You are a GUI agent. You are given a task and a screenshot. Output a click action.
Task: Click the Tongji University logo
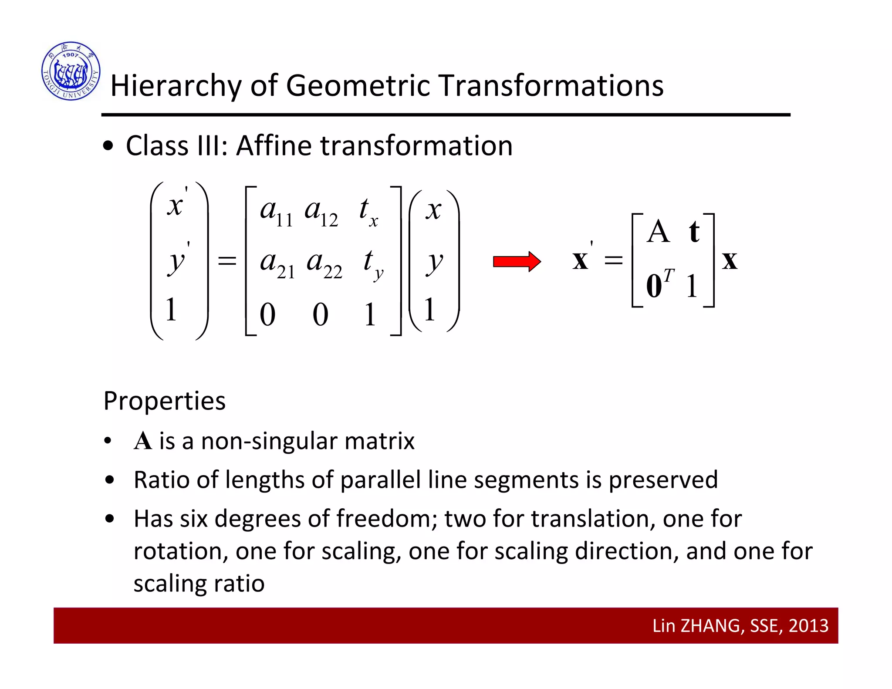(x=71, y=71)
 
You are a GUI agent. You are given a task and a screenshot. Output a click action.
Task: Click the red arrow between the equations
(x=517, y=261)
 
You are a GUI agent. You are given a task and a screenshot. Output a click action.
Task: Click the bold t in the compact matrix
(x=694, y=232)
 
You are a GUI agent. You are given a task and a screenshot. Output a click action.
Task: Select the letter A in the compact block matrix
(x=658, y=232)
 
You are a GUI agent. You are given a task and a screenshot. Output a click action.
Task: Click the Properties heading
(x=165, y=401)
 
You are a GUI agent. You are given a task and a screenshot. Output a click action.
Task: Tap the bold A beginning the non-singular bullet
(x=143, y=441)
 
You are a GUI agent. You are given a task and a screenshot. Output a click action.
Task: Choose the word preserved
(x=663, y=480)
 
